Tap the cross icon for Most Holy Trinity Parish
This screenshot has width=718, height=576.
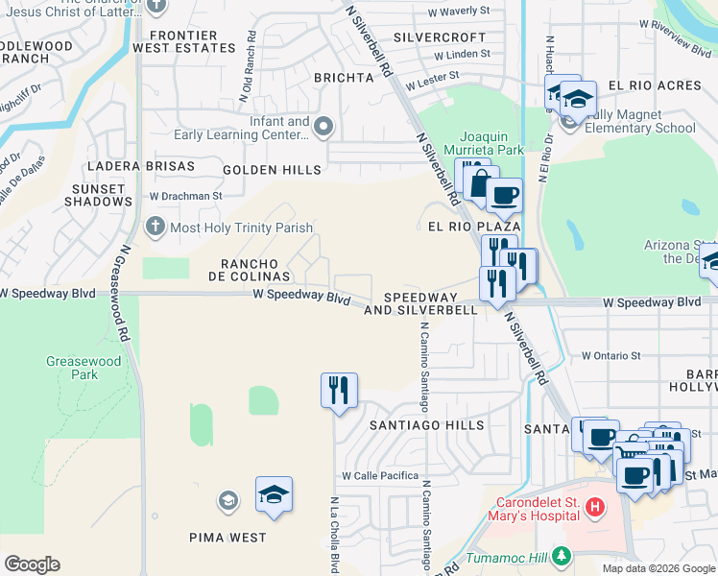click(155, 228)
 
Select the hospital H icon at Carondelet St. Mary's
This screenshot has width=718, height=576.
click(595, 506)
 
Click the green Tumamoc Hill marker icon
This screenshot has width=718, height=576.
click(562, 556)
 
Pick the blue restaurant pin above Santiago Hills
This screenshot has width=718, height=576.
click(339, 390)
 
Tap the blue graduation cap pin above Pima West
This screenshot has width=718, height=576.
click(274, 494)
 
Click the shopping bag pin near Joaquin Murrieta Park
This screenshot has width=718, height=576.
click(476, 180)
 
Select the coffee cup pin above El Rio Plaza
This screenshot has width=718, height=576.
click(504, 196)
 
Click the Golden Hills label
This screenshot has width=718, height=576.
click(272, 170)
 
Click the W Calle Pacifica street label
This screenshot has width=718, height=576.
click(380, 476)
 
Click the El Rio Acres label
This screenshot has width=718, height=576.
click(655, 85)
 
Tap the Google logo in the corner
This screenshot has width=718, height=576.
click(32, 564)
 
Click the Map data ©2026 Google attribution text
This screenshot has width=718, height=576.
click(658, 568)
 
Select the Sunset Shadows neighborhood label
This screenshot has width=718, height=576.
click(98, 195)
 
